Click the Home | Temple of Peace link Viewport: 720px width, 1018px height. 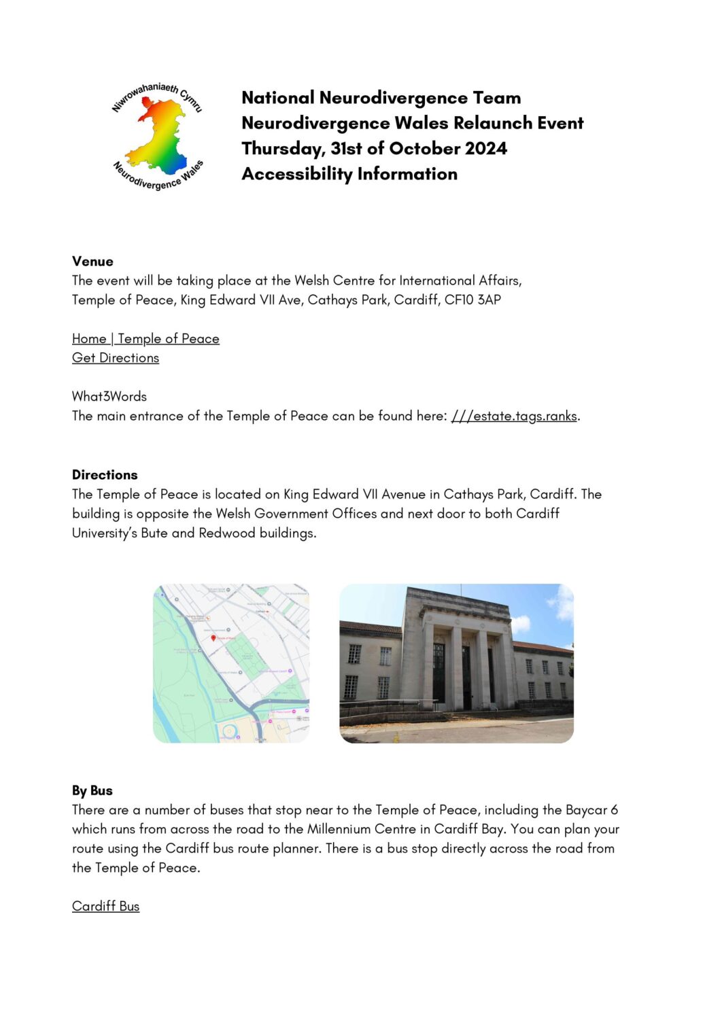pyautogui.click(x=145, y=338)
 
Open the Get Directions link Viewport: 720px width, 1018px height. pyautogui.click(x=116, y=357)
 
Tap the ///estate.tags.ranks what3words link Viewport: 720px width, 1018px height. pyautogui.click(x=514, y=416)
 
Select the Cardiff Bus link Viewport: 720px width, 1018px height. pyautogui.click(x=105, y=906)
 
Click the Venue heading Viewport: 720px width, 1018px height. pyautogui.click(x=92, y=261)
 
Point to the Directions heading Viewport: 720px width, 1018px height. pyautogui.click(x=105, y=474)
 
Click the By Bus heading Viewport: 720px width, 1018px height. pyautogui.click(x=92, y=790)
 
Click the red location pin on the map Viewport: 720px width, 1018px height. pyautogui.click(x=213, y=638)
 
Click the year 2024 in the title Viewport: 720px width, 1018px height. pyautogui.click(x=486, y=148)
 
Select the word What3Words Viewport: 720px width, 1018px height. pyautogui.click(x=109, y=396)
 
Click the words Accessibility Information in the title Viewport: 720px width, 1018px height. pyautogui.click(x=349, y=174)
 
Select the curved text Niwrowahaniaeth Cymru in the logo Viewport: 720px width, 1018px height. pyautogui.click(x=156, y=93)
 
